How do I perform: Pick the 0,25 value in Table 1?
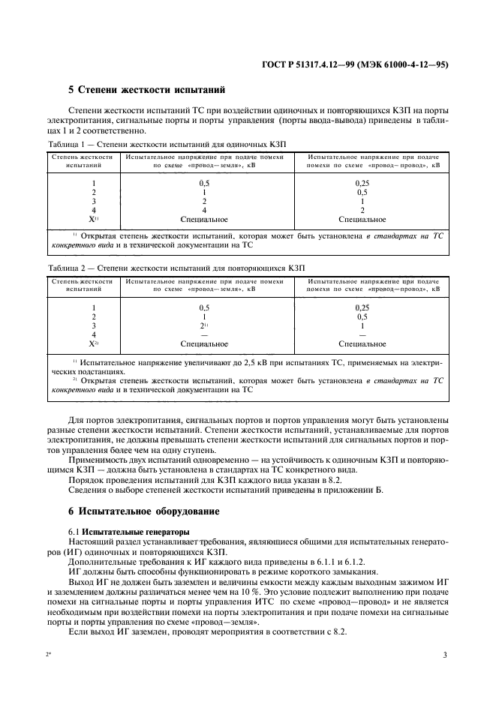coord(362,183)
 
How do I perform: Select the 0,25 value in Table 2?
coord(362,308)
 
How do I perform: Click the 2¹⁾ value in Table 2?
coord(204,326)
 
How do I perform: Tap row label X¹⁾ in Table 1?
coord(94,219)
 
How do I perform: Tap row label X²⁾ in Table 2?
coord(94,344)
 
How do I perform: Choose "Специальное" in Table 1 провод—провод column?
coord(362,219)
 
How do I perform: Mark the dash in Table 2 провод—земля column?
coord(203,335)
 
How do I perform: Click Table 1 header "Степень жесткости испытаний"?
coord(83,160)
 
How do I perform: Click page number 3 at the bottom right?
coord(445,655)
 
